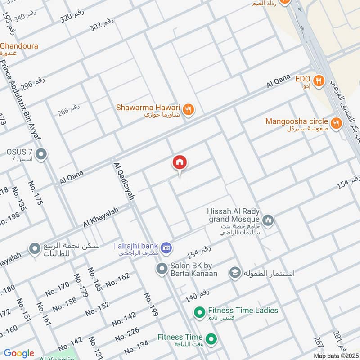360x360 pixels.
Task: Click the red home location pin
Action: (x=180, y=163)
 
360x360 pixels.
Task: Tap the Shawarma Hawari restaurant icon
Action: (x=189, y=109)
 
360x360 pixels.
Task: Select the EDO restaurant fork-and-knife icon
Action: (x=319, y=81)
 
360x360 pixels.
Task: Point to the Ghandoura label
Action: (x=19, y=46)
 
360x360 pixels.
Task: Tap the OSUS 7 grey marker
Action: (x=41, y=155)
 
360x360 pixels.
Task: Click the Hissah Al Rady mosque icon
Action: (x=269, y=220)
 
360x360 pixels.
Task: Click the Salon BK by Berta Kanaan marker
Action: (x=162, y=269)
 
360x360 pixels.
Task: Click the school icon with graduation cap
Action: (x=234, y=273)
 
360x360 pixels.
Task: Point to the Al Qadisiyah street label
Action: (x=125, y=181)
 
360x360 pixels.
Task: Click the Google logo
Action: (x=19, y=353)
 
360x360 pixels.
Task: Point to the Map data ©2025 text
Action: (x=336, y=356)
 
